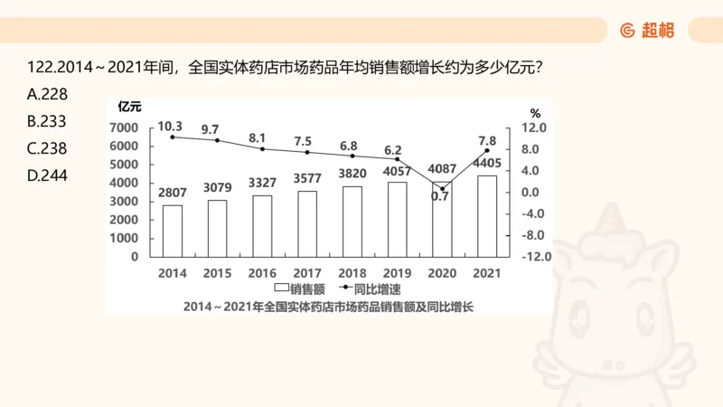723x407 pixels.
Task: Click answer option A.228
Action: (48, 93)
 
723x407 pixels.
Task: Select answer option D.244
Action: (48, 175)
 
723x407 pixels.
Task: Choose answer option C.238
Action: (48, 148)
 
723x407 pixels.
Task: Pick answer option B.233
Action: (48, 121)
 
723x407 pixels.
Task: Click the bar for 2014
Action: (173, 231)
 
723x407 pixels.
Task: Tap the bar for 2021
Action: (486, 215)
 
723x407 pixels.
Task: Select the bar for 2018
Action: (352, 222)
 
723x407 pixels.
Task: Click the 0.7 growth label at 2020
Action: (440, 196)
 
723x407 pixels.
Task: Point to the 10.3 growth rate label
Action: (170, 127)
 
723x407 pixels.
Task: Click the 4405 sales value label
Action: (488, 164)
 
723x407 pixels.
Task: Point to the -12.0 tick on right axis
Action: (536, 257)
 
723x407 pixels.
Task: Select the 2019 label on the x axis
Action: (397, 272)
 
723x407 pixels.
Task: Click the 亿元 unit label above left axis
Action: (124, 111)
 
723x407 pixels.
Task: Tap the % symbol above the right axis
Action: (535, 114)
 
